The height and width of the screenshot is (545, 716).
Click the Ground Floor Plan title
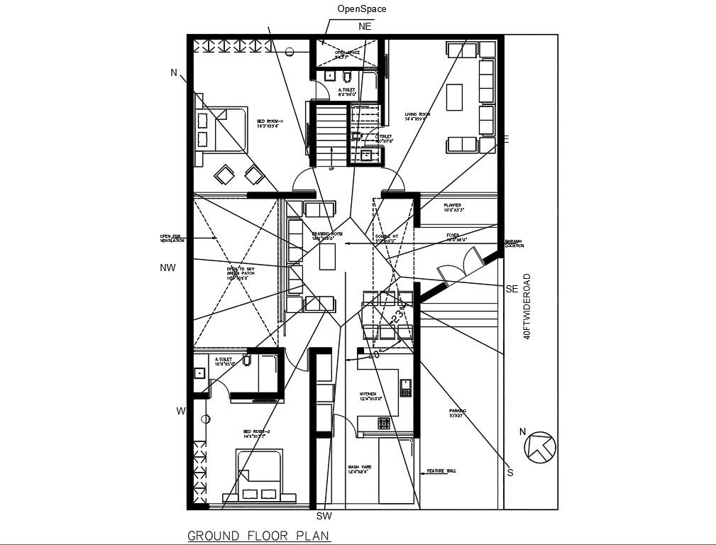259,536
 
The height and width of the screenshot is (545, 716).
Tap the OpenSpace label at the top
362,9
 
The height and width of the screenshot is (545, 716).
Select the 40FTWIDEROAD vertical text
527,306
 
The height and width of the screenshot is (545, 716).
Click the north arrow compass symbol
540,446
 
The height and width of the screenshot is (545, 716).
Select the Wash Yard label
360,468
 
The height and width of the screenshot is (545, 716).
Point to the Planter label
453,207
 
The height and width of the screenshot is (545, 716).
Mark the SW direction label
324,516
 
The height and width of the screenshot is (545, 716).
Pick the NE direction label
365,26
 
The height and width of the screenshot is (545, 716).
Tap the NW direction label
167,268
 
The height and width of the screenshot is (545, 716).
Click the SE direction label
512,289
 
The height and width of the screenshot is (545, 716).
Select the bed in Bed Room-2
258,477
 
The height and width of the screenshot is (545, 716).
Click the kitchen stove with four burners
384,423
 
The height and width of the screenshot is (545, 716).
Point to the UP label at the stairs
331,169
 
